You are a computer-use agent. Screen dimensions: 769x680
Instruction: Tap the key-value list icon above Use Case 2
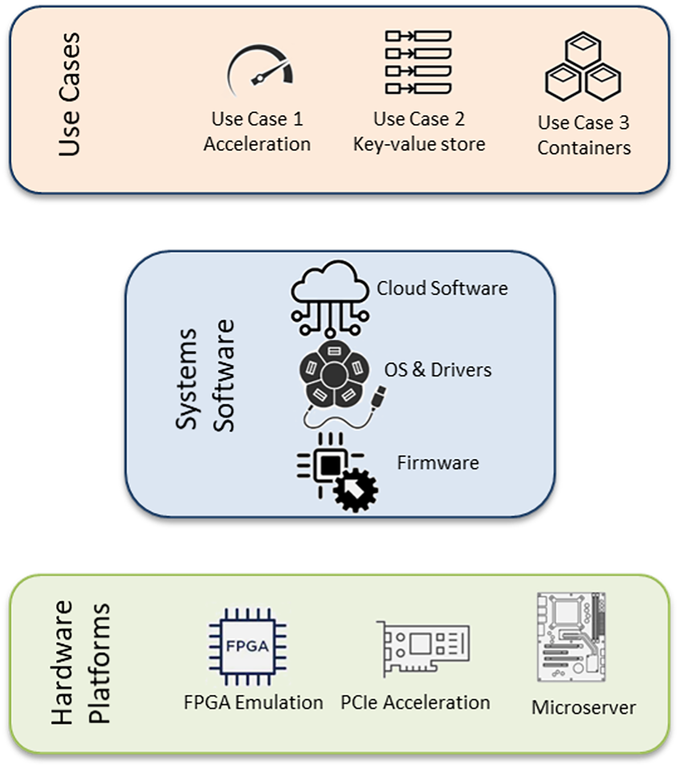(418, 62)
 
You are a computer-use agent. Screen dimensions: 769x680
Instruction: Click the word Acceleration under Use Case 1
(257, 144)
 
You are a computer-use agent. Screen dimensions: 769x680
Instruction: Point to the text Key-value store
(419, 144)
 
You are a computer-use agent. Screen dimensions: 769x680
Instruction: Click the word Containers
(584, 148)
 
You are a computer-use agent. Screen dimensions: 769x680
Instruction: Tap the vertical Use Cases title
(69, 94)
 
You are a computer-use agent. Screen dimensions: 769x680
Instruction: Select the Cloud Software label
(442, 289)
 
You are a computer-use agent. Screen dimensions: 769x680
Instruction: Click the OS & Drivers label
(438, 370)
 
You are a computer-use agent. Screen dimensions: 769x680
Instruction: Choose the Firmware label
(438, 463)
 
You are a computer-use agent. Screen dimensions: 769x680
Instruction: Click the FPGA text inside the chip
(247, 647)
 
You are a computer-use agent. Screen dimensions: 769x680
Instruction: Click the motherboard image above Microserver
(571, 637)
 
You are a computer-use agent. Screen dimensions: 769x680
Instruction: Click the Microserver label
(584, 708)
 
